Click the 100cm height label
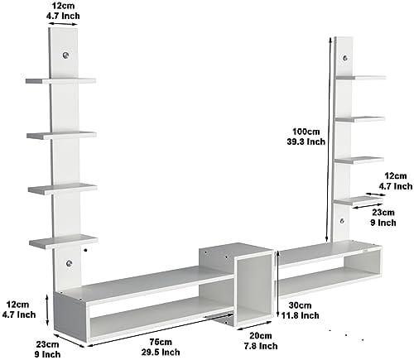(306, 132)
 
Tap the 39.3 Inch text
(306, 142)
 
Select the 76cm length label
(161, 342)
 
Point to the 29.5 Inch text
(161, 353)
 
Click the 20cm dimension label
(261, 336)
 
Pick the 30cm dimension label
(300, 305)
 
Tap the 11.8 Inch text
(301, 315)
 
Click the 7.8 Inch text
(261, 346)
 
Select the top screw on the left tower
(65, 55)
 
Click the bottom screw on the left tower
(70, 263)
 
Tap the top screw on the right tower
(345, 58)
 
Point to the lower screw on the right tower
(342, 221)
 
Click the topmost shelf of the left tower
(60, 81)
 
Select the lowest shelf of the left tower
(64, 242)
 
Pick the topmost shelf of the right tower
(360, 78)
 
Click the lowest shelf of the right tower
(359, 200)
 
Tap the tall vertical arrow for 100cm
(328, 140)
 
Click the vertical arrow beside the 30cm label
(278, 283)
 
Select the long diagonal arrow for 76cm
(160, 329)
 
